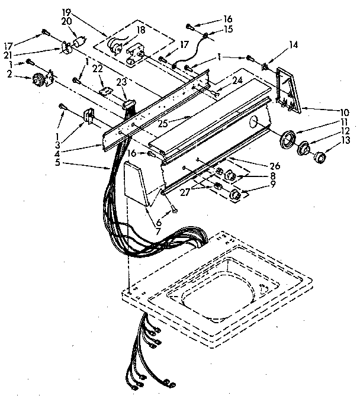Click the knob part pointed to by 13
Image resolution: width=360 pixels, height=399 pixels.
coord(320,157)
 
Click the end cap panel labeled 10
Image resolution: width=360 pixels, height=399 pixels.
coord(291,89)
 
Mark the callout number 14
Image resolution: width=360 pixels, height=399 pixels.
coord(292,44)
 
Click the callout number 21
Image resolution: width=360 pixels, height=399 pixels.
coord(9,54)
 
